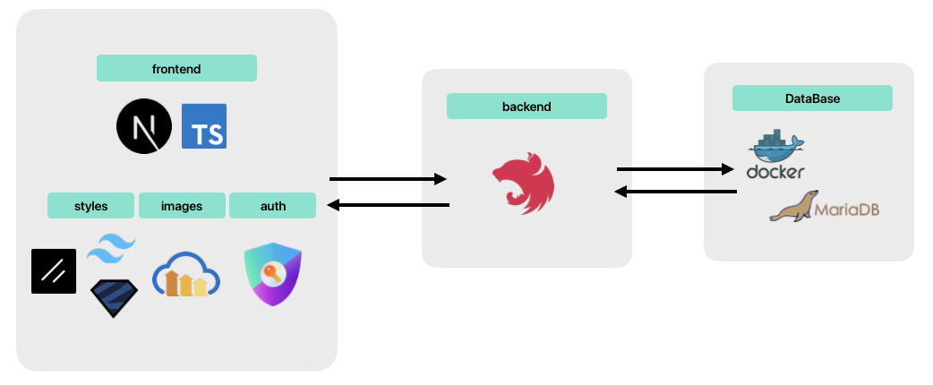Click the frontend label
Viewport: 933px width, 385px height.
pos(176,68)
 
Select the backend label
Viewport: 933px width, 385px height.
pos(526,107)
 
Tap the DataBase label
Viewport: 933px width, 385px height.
pos(812,98)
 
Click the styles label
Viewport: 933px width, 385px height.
pos(90,206)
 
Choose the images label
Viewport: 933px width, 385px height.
pos(182,206)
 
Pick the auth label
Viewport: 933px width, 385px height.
pos(272,206)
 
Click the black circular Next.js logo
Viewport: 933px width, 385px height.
pos(144,126)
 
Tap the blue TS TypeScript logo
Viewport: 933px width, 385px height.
pos(204,126)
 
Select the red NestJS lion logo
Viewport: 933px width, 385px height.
pos(523,184)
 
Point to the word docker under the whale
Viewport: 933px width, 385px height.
pos(776,171)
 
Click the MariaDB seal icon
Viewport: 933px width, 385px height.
pos(792,206)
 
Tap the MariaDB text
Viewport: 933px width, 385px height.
pos(846,210)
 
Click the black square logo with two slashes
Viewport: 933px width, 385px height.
pos(54,271)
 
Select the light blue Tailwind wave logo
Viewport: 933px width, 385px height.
pos(111,249)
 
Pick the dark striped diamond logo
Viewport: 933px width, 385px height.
pos(114,298)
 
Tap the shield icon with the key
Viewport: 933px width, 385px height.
pos(272,274)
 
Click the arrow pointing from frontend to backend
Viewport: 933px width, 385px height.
pos(388,179)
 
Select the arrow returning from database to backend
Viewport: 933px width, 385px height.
pos(675,192)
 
